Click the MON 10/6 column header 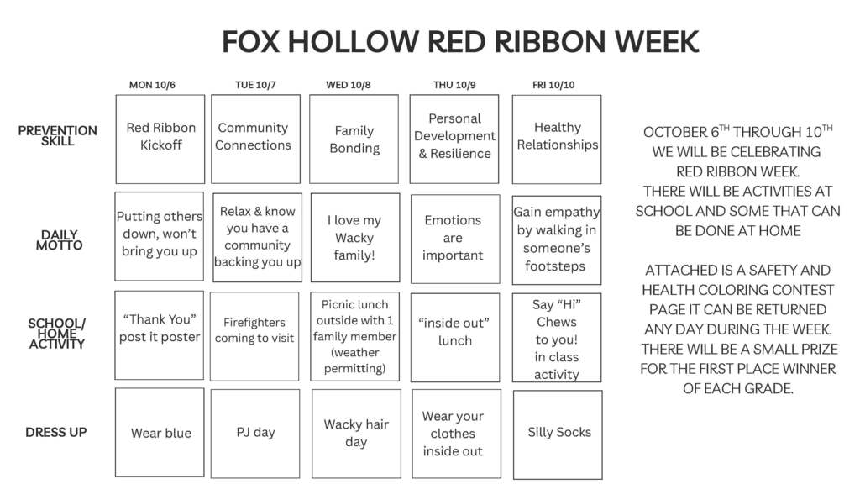(152, 85)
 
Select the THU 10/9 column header (454, 85)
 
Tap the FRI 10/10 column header (553, 85)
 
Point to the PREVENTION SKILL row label (57, 136)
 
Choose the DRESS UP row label (56, 432)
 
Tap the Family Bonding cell (354, 139)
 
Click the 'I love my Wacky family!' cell (354, 238)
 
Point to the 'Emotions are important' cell (454, 239)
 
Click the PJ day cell (255, 433)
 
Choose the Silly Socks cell (558, 434)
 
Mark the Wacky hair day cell (355, 434)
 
